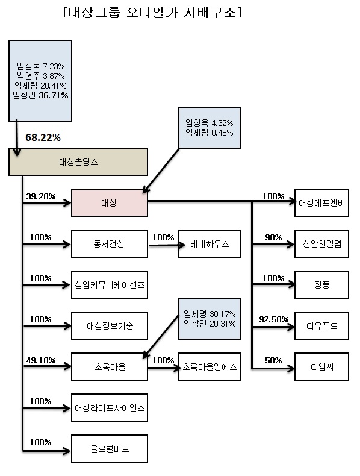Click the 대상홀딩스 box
click(78, 162)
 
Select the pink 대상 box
click(110, 202)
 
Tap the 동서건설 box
click(110, 243)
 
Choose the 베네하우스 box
click(209, 243)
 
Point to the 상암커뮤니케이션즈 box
click(110, 284)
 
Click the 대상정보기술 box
click(110, 325)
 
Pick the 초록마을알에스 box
click(209, 366)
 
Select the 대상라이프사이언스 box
click(110, 407)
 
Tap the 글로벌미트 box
click(110, 448)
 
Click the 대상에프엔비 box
click(322, 202)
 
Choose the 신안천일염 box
click(322, 243)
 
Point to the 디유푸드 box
click(322, 325)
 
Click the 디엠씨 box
click(322, 366)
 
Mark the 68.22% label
click(43, 137)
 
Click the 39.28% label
click(41, 196)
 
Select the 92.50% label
click(273, 319)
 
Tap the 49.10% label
click(41, 360)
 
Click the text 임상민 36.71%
click(40, 95)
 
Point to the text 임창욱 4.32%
click(209, 123)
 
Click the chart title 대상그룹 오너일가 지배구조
click(152, 13)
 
